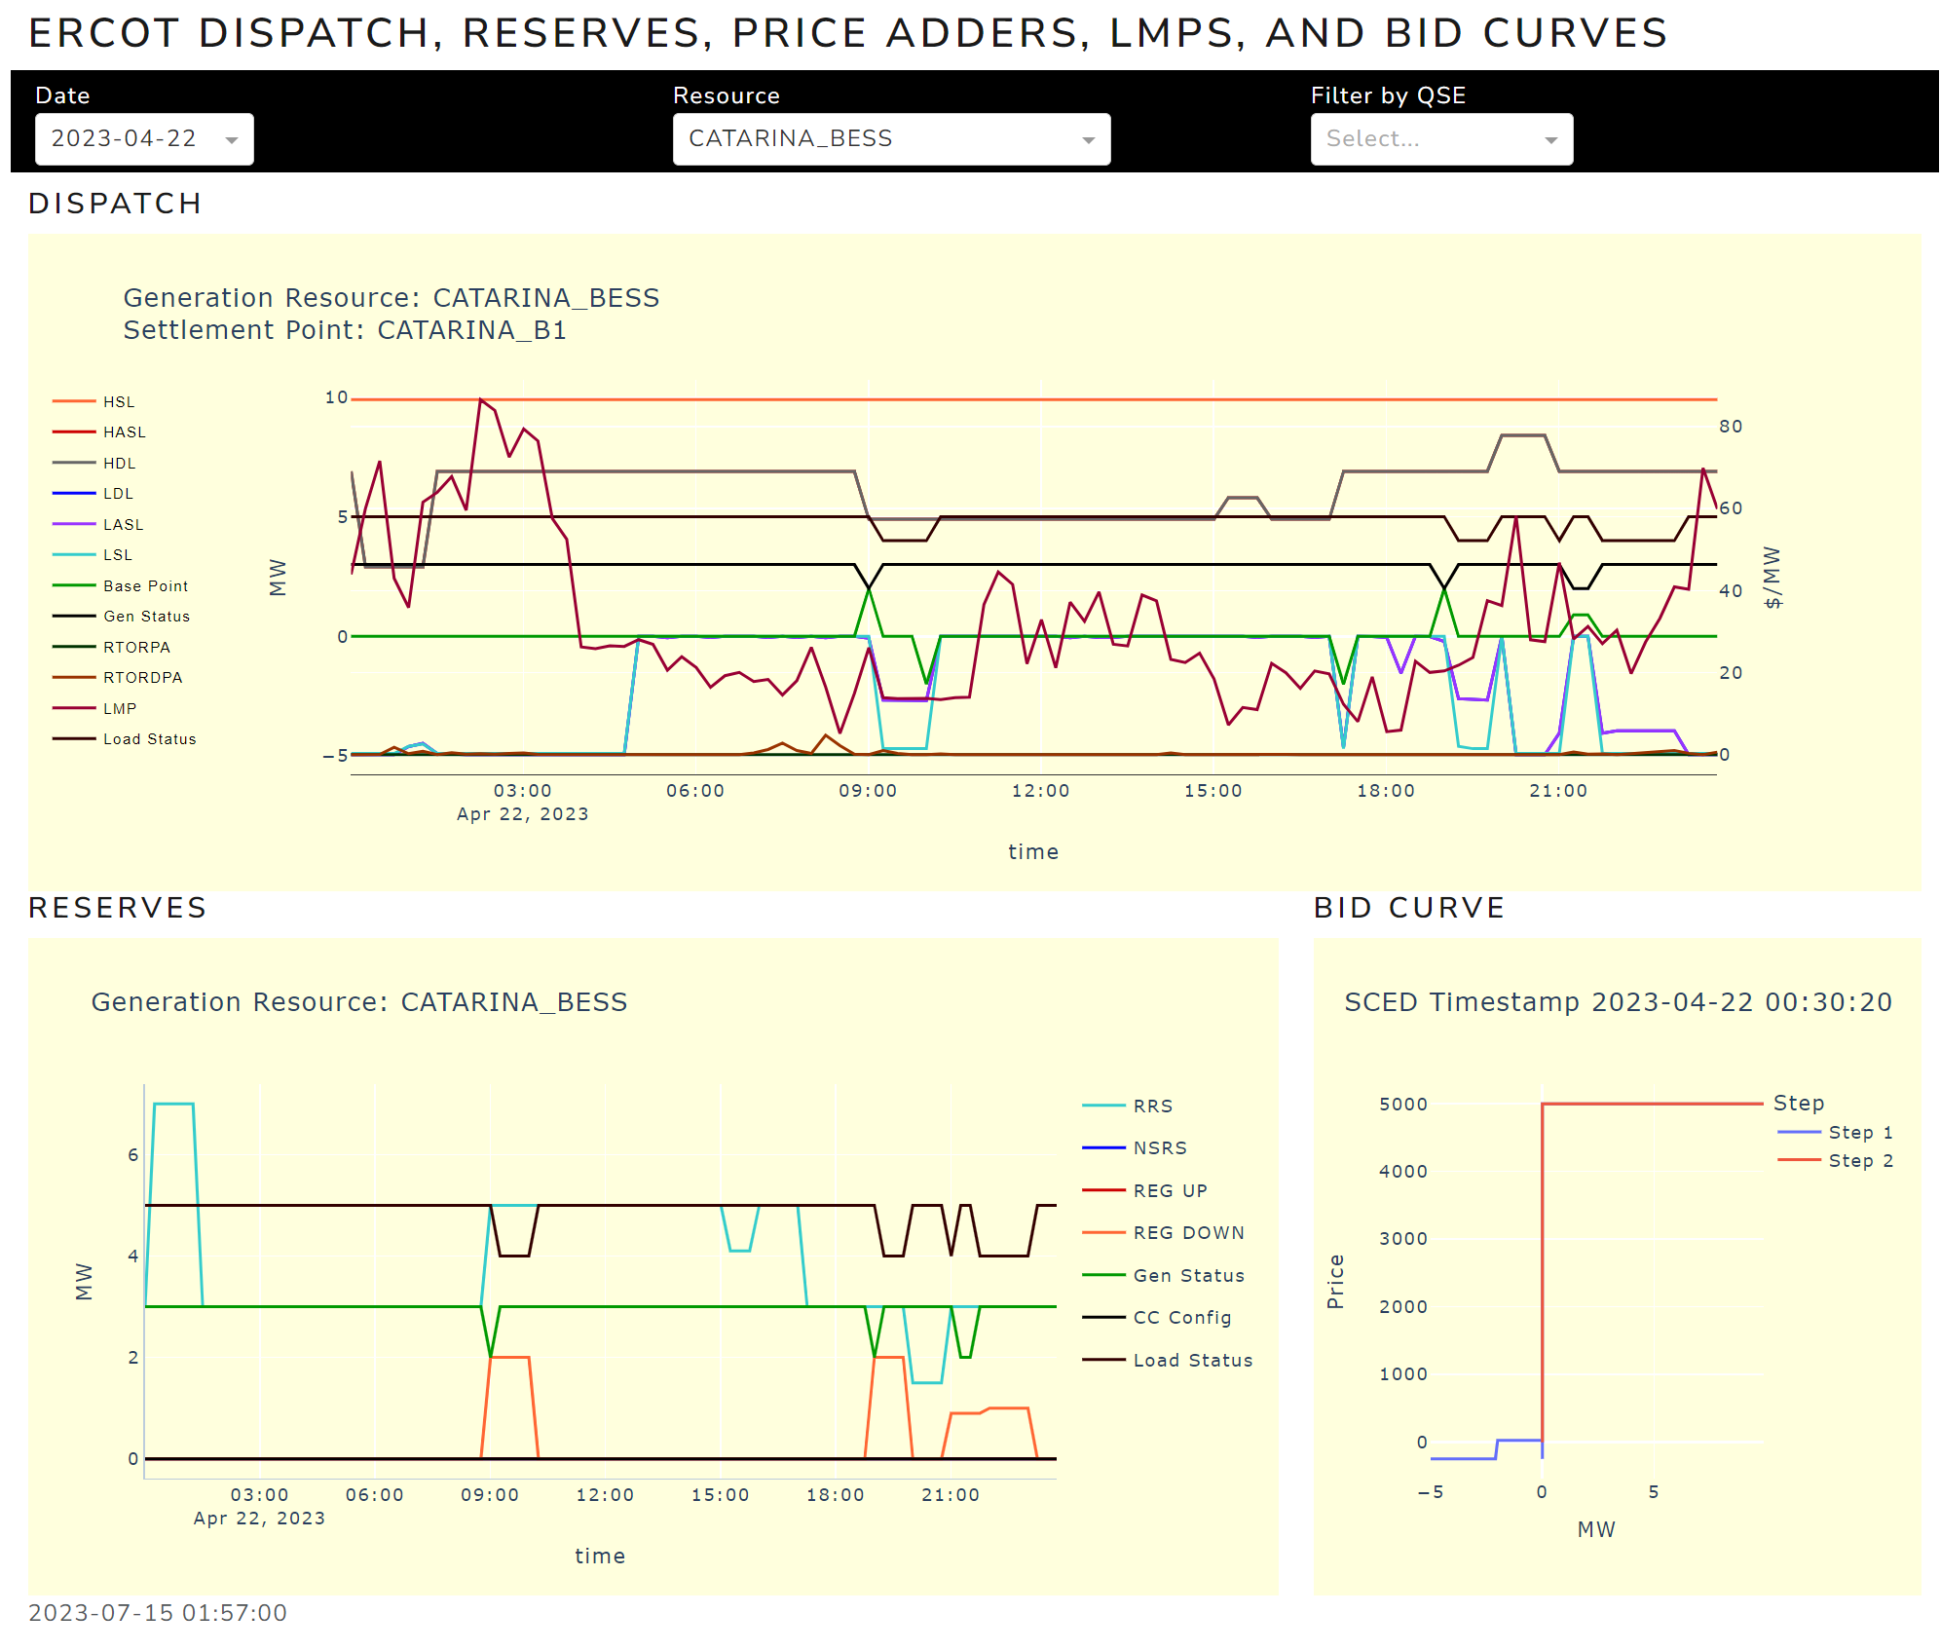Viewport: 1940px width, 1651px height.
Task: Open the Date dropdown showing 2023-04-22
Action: (x=144, y=139)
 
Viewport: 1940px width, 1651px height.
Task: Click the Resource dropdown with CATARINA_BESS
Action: (x=890, y=139)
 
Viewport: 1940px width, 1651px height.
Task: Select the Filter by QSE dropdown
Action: (x=1440, y=139)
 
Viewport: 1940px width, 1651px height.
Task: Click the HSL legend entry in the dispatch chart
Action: (x=119, y=401)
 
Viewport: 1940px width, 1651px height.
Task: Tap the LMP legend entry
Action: (x=120, y=708)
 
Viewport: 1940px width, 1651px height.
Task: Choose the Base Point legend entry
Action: (x=145, y=585)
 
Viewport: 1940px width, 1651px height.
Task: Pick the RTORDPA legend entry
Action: (x=142, y=677)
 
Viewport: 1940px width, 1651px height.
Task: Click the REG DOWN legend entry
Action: (x=1188, y=1232)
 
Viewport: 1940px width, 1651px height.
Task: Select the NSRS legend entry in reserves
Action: (x=1160, y=1147)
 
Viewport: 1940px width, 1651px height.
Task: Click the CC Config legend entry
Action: (x=1181, y=1317)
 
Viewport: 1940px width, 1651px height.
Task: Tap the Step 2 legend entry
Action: (x=1860, y=1160)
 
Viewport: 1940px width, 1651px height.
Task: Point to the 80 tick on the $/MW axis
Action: (x=1731, y=427)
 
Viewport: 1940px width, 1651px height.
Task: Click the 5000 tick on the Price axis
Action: (x=1402, y=1104)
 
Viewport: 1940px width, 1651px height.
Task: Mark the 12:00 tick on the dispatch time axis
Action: (x=1040, y=791)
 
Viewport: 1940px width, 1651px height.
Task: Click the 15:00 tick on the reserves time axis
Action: (x=720, y=1495)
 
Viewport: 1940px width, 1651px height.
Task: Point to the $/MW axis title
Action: (x=1772, y=578)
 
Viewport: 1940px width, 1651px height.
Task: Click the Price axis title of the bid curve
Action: (x=1335, y=1281)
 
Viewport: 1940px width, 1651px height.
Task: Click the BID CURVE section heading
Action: (x=1408, y=908)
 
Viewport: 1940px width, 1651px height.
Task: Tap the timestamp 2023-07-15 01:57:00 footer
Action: (x=158, y=1613)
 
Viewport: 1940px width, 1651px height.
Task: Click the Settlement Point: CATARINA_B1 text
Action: (x=345, y=330)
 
